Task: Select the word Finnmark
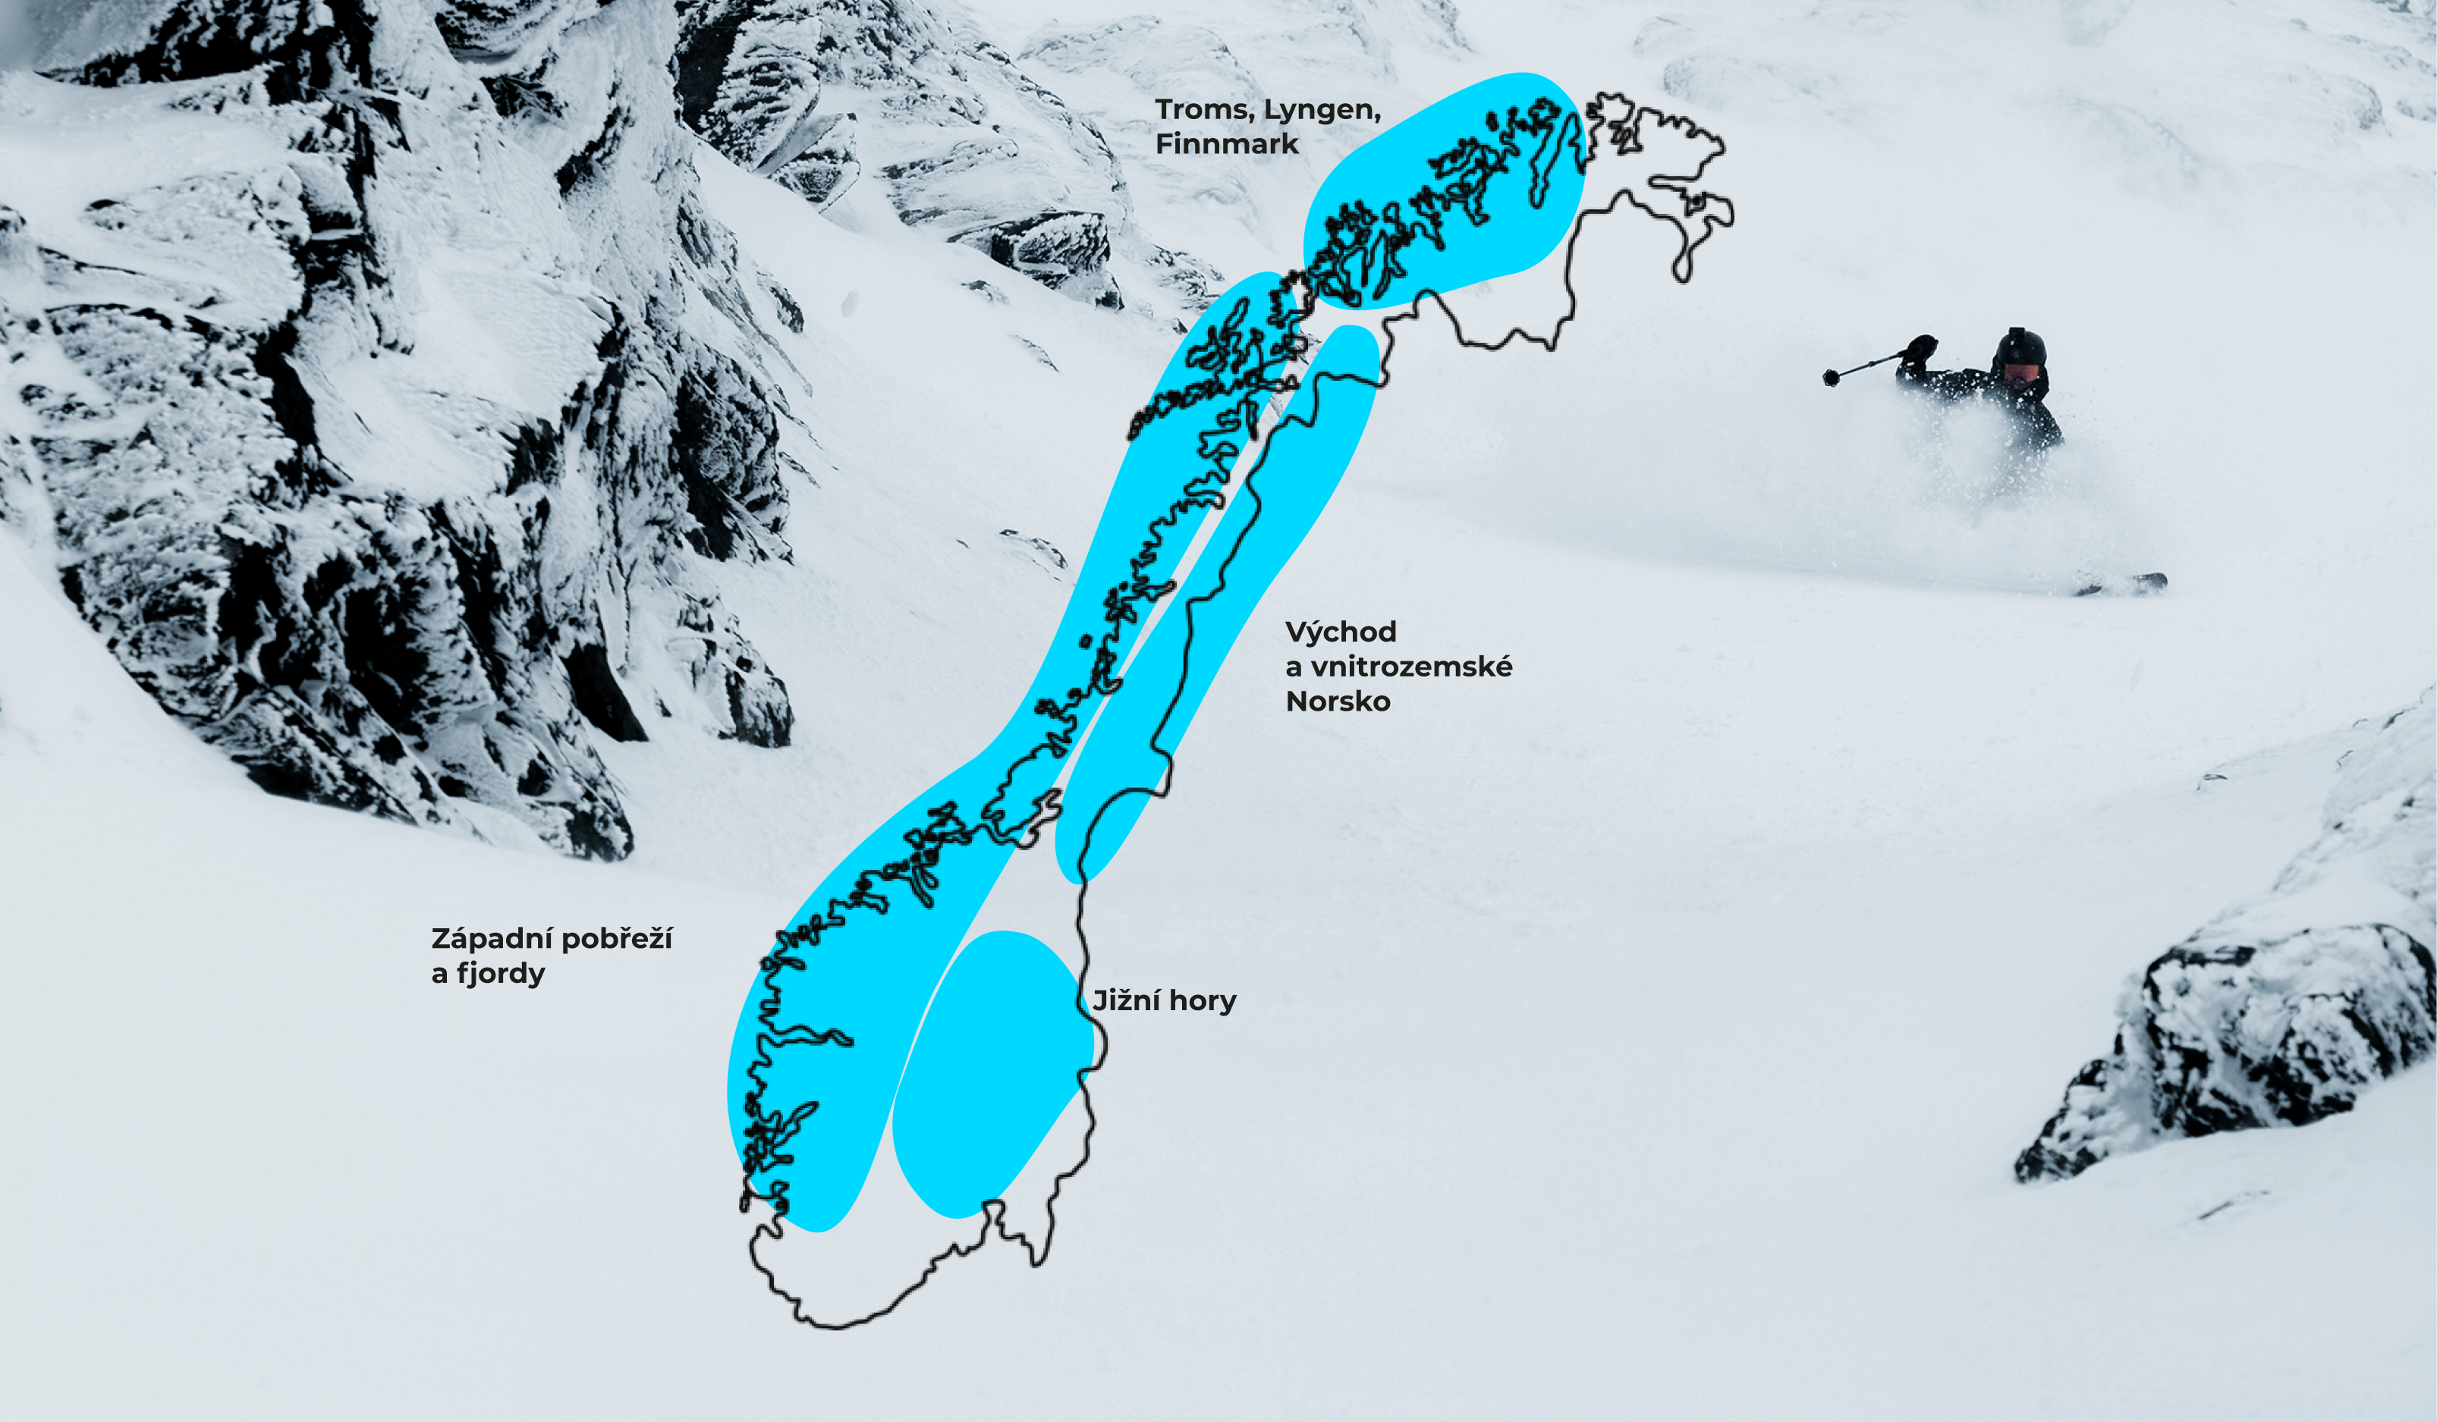click(x=1226, y=144)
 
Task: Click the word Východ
click(x=1341, y=633)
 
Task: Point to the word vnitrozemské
click(x=1409, y=667)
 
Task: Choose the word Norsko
click(x=1338, y=702)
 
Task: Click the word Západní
click(x=490, y=939)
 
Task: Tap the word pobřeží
click(x=616, y=939)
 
